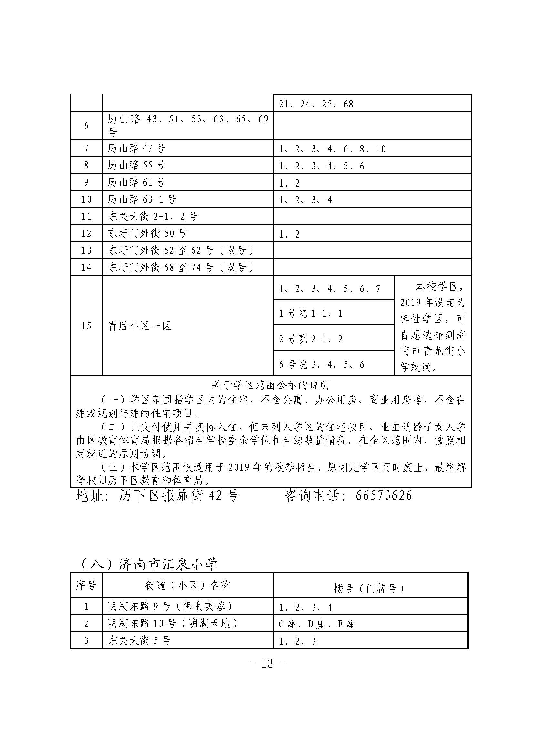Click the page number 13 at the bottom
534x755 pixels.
(x=267, y=663)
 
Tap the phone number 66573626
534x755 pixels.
(x=384, y=495)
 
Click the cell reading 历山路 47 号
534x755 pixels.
(x=136, y=148)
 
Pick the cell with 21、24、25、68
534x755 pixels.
(x=316, y=104)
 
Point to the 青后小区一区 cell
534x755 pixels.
(x=140, y=326)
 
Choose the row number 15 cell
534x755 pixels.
(x=87, y=326)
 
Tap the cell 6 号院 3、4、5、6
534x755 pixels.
(x=322, y=364)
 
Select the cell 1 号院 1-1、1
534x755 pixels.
(x=311, y=313)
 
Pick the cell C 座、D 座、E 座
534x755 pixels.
(x=317, y=624)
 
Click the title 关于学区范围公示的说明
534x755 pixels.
(x=270, y=385)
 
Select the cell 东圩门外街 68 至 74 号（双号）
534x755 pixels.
(x=181, y=267)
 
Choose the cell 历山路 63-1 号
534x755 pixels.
(x=142, y=199)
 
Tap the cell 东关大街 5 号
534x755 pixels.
(x=139, y=640)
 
